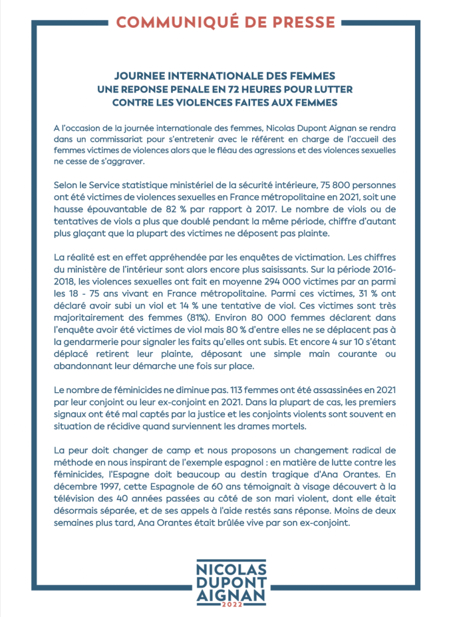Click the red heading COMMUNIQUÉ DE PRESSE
tap(225, 22)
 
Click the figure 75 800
tap(323, 182)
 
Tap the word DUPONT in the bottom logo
tap(225, 583)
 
